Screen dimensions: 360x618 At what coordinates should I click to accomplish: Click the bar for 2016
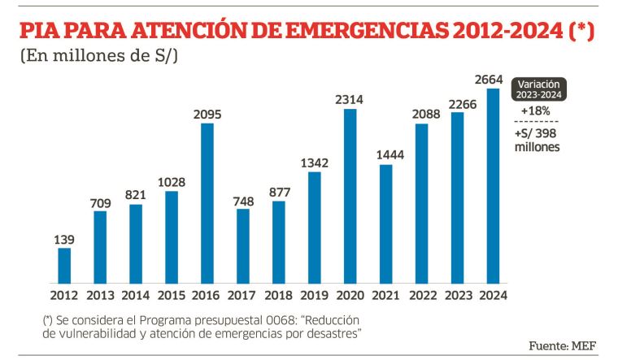pyautogui.click(x=207, y=203)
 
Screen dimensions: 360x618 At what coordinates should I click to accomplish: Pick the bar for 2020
pyautogui.click(x=350, y=196)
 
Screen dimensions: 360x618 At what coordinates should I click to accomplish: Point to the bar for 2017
pyautogui.click(x=242, y=245)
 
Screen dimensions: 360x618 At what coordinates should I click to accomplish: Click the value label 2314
pyautogui.click(x=350, y=99)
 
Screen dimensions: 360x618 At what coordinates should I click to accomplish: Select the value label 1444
pyautogui.click(x=385, y=154)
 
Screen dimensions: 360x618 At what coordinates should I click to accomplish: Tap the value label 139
pyautogui.click(x=64, y=239)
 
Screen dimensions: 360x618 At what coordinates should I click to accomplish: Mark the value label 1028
pyautogui.click(x=171, y=180)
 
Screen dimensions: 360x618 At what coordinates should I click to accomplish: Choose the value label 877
pyautogui.click(x=278, y=192)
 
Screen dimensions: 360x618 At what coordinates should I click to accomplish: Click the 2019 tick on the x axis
pyautogui.click(x=314, y=295)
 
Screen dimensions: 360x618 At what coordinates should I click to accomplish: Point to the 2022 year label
pyautogui.click(x=421, y=295)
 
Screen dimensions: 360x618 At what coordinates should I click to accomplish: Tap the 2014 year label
pyautogui.click(x=136, y=295)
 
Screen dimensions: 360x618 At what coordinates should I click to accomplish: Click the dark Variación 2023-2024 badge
pyautogui.click(x=540, y=89)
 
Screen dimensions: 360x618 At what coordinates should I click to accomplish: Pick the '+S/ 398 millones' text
pyautogui.click(x=537, y=141)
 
